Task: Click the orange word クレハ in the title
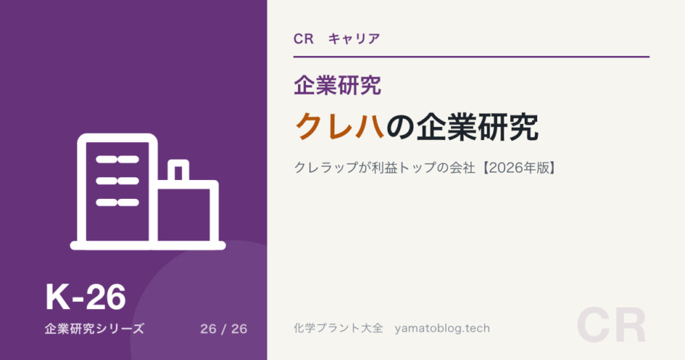pos(340,127)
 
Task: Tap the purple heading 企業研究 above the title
pos(337,85)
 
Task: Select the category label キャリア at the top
pos(354,39)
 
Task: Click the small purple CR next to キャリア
pos(304,39)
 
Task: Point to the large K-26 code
pos(86,297)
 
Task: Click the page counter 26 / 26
pos(224,329)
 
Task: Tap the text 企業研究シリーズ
pos(94,329)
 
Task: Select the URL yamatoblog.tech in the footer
pos(442,329)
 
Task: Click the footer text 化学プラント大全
pos(338,328)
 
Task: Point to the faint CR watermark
pos(611,326)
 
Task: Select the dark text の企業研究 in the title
pos(462,127)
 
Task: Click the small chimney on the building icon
pos(179,170)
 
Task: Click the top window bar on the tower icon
pos(117,160)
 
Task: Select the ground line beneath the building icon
pos(148,246)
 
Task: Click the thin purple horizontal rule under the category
pos(471,57)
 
